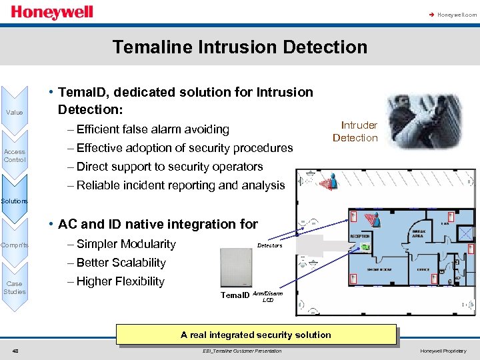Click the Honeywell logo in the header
click(51, 13)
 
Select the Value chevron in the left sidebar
click(14, 112)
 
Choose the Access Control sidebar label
click(14, 156)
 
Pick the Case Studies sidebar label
click(14, 287)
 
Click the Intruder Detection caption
click(355, 131)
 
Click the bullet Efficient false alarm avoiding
click(153, 129)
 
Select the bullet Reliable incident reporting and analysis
click(180, 185)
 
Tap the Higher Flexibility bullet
click(120, 281)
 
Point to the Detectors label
click(269, 245)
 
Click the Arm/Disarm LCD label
click(267, 296)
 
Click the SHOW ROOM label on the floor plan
click(379, 269)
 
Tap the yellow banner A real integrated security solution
click(256, 335)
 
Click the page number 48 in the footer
click(15, 351)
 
